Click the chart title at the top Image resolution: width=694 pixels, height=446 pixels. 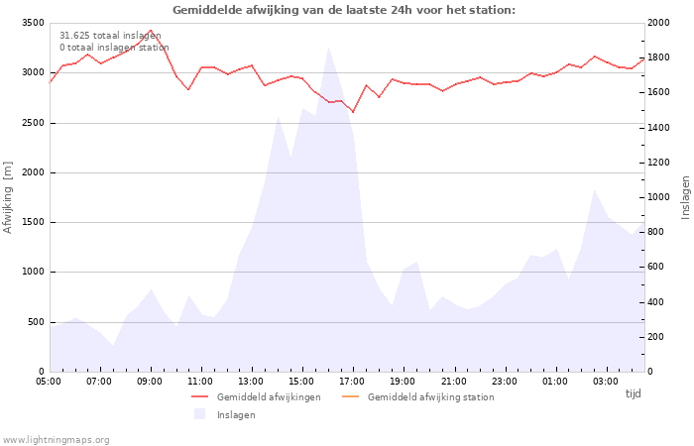point(344,10)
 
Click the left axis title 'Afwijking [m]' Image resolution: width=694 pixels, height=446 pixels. point(9,197)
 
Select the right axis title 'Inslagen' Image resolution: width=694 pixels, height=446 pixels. point(685,197)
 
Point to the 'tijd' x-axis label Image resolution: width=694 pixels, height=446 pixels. point(633,393)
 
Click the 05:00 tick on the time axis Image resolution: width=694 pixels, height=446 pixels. point(50,381)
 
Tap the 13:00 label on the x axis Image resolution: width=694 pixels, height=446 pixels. point(252,381)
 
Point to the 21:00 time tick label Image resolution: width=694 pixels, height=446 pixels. point(454,381)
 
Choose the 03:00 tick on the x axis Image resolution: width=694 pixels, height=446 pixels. point(606,381)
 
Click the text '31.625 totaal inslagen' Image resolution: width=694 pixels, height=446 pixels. point(110,36)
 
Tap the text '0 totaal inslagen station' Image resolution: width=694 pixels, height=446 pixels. point(114,48)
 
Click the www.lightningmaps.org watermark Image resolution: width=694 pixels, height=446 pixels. point(56,440)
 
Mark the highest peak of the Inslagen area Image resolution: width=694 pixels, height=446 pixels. point(328,47)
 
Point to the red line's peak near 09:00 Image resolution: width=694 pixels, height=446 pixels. point(151,31)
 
